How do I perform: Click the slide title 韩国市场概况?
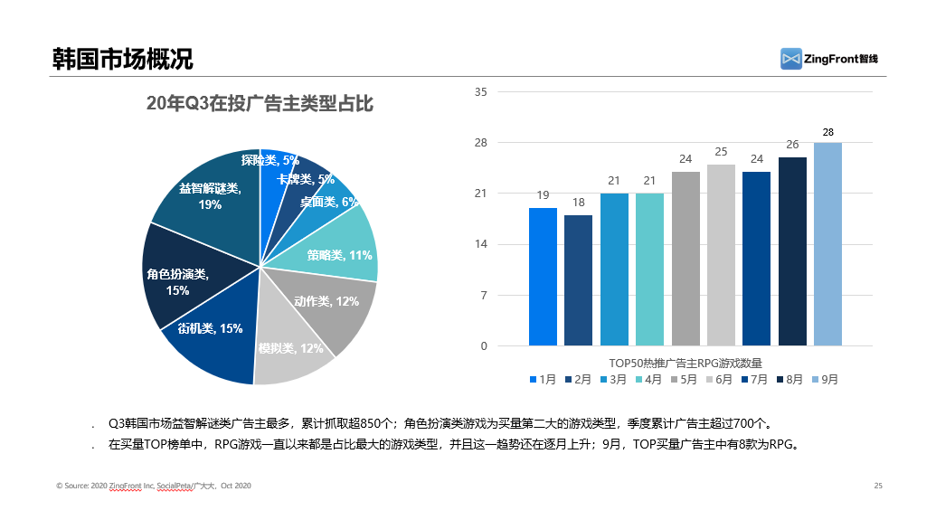(122, 60)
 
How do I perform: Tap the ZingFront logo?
(829, 58)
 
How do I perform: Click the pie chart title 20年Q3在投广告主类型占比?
(260, 104)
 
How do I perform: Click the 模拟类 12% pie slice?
(294, 353)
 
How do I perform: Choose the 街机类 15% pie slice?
(213, 339)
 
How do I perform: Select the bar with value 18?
(578, 280)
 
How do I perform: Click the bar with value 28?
(827, 244)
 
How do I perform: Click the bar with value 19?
(543, 277)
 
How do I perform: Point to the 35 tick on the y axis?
(480, 92)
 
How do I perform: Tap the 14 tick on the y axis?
(480, 244)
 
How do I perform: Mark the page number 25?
(877, 486)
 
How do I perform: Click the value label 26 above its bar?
(792, 145)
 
